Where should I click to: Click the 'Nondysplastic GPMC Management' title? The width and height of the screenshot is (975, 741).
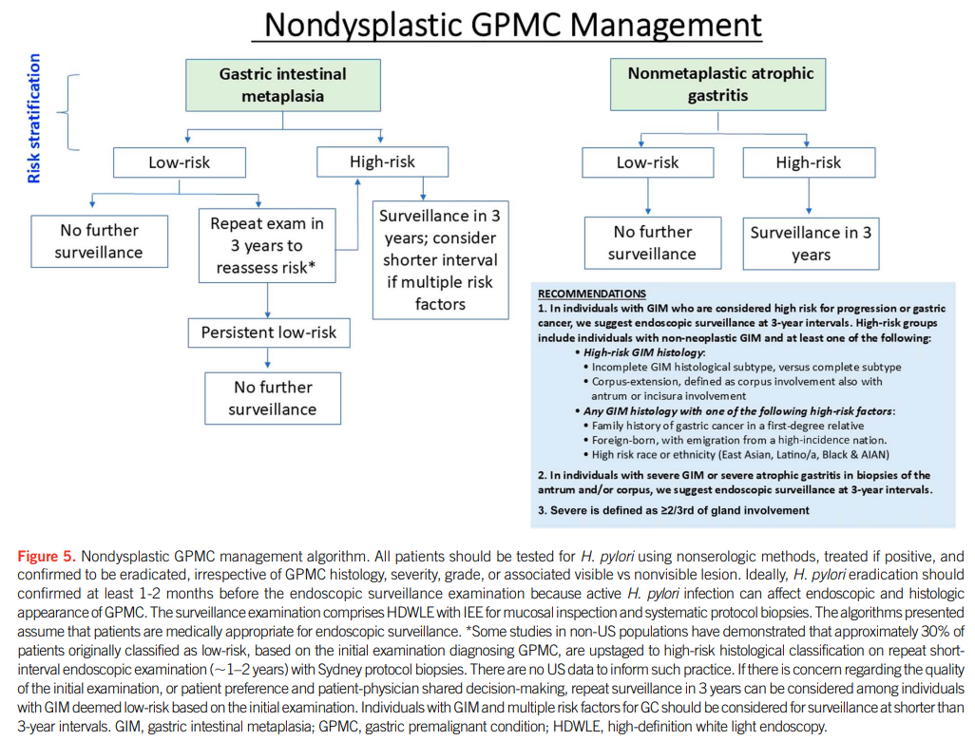(x=512, y=25)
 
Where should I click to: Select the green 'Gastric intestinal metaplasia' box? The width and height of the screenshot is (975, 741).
(x=283, y=85)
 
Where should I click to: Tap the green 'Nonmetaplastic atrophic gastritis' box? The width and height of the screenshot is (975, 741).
(x=718, y=85)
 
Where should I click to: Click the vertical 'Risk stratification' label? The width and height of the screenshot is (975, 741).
(x=33, y=118)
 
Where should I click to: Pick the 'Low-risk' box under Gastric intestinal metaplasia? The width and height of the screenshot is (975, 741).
(x=179, y=162)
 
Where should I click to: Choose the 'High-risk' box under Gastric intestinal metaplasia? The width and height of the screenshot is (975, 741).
(x=382, y=161)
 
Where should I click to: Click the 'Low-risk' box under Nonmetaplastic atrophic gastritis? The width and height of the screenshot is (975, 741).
(x=648, y=162)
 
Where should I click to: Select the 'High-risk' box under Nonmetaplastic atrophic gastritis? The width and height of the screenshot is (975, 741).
(x=809, y=162)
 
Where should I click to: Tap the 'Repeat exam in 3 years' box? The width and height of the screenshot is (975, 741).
(x=267, y=245)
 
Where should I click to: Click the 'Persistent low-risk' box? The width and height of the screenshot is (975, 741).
(x=269, y=332)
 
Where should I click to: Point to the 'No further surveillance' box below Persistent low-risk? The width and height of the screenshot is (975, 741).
(x=273, y=398)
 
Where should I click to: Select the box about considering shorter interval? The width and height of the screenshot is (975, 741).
(x=440, y=260)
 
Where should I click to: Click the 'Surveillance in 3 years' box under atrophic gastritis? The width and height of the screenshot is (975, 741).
(x=811, y=244)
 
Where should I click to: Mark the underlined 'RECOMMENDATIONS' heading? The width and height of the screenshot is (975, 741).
(x=592, y=294)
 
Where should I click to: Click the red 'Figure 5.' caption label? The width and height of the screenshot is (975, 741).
(x=47, y=556)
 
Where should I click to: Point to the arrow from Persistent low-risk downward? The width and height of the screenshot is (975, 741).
(x=268, y=357)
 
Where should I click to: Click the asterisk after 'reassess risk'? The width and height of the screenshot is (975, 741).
(x=312, y=265)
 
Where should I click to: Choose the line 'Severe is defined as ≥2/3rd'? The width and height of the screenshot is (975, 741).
(x=674, y=510)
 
